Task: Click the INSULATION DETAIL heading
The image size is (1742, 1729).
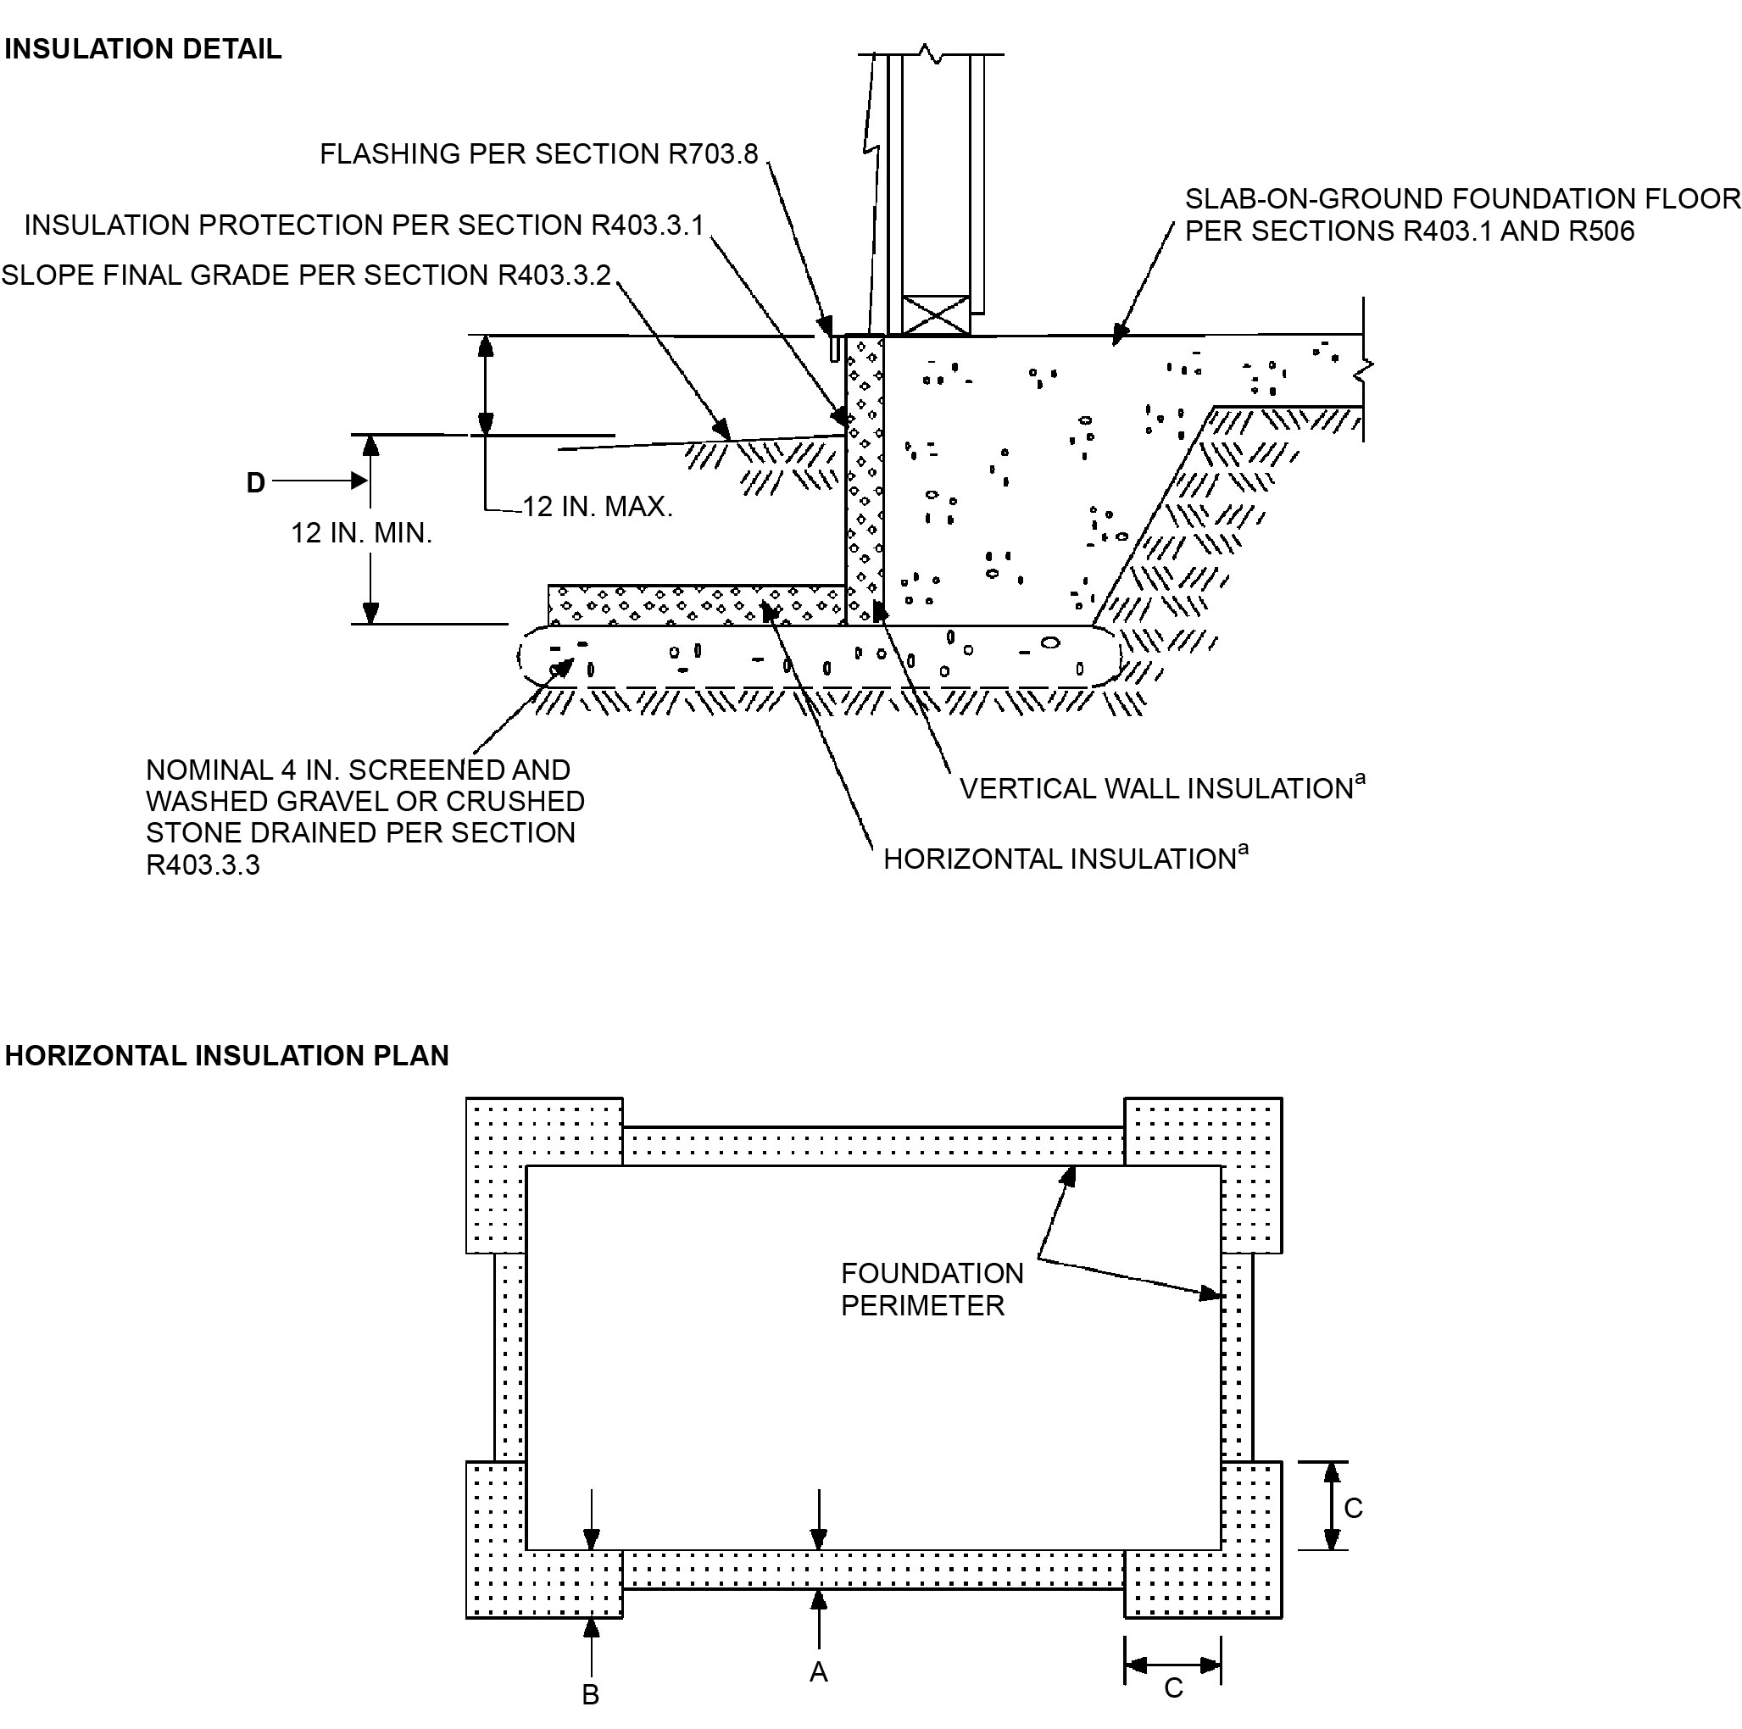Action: tap(142, 48)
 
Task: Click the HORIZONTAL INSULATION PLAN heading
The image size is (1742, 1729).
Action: tap(226, 1055)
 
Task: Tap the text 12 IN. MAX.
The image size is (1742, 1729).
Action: tap(597, 507)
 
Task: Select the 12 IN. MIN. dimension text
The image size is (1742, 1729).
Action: tap(360, 533)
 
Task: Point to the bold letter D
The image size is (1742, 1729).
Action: tap(256, 483)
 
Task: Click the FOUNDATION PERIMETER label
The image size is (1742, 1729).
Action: tap(932, 1289)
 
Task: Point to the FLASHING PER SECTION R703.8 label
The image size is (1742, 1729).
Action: tap(538, 154)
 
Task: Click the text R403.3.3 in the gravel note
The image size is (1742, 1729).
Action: tap(203, 865)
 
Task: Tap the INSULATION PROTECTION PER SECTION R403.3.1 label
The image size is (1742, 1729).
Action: tap(364, 225)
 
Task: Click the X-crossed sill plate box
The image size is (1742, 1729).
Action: tap(937, 315)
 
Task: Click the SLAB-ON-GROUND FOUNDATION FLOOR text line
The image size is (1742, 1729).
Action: tap(1461, 198)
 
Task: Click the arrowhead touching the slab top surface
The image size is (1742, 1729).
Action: tap(1119, 336)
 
